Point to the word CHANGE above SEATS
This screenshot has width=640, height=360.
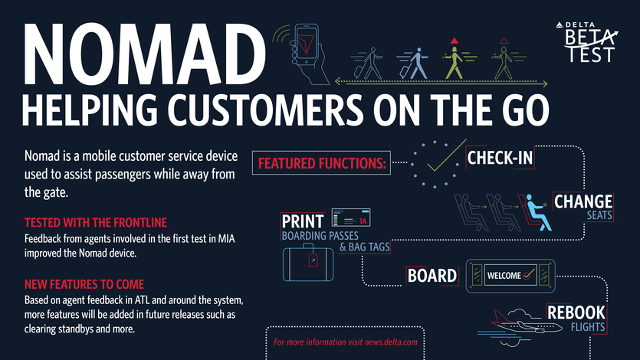583,202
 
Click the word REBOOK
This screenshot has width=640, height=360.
576,313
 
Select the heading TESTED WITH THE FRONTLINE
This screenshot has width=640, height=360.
96,223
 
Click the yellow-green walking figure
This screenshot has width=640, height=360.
455,60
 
